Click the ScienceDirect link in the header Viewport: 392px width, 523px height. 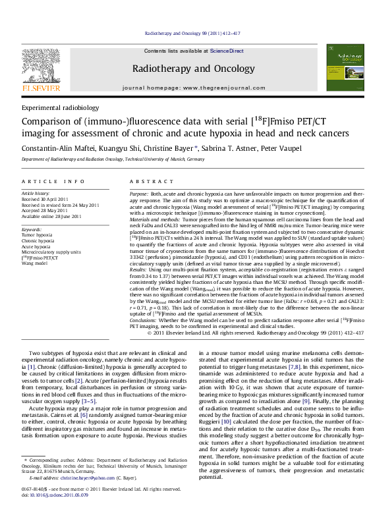[x=227, y=51]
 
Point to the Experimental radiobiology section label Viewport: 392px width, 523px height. [x=60, y=107]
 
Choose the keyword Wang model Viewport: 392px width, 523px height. [x=36, y=263]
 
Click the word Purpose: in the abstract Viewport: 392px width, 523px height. [x=139, y=194]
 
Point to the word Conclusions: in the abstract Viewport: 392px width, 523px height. [x=144, y=319]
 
